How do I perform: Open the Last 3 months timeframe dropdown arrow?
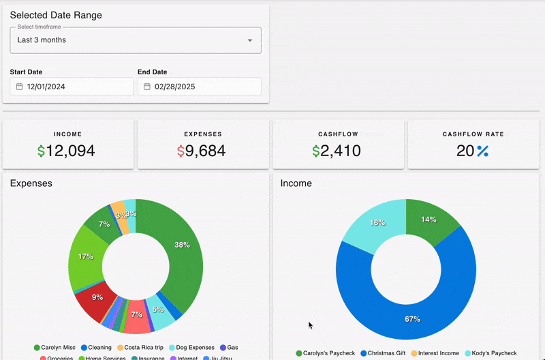(x=250, y=40)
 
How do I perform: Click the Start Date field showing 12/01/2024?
(x=72, y=87)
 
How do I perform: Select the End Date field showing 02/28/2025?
(x=199, y=87)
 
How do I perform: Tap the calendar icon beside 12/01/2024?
(x=19, y=87)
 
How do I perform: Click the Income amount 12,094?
(x=66, y=151)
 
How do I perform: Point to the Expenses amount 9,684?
(x=201, y=151)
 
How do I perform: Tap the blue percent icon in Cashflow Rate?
(x=482, y=151)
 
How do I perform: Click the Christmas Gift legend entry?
(x=386, y=353)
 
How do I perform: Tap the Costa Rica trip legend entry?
(x=140, y=348)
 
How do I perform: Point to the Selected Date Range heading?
(x=56, y=15)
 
